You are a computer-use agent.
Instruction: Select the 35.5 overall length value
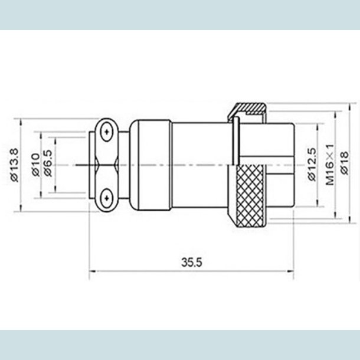[190, 263]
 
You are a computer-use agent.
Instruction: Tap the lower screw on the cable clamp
[106, 198]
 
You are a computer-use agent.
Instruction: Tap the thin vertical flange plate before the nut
[234, 142]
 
